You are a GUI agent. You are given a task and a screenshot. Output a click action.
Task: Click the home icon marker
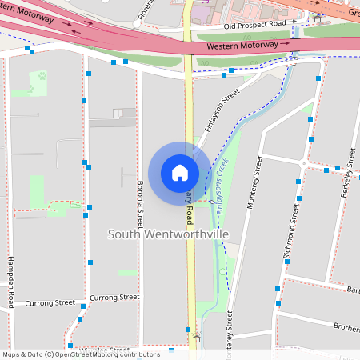[180, 172]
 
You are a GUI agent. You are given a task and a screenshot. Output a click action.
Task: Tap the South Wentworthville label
[168, 234]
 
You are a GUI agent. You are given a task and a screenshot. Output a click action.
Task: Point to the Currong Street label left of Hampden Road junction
[50, 304]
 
